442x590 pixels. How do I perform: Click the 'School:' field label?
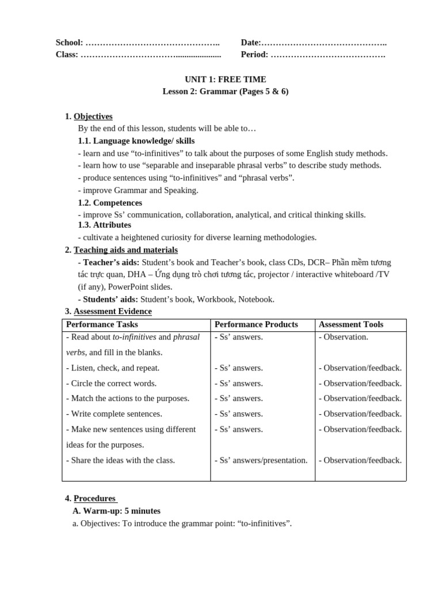[x=69, y=43]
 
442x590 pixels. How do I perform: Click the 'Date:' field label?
[x=251, y=43]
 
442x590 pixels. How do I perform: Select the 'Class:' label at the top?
[x=67, y=55]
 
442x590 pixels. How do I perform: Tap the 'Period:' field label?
[x=254, y=55]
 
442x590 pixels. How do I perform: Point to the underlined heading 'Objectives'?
[x=93, y=116]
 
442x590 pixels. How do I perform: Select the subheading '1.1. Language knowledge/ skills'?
[x=136, y=141]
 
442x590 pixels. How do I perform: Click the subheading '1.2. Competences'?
[x=110, y=203]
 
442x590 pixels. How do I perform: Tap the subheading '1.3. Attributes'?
[x=104, y=225]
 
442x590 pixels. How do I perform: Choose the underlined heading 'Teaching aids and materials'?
[x=125, y=249]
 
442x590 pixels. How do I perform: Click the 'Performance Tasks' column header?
[x=102, y=324]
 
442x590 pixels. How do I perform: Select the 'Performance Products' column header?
[x=256, y=324]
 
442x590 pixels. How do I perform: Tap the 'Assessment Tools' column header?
[x=350, y=324]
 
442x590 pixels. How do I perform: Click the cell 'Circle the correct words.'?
[x=112, y=383]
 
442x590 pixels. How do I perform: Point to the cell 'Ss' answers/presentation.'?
[x=261, y=460]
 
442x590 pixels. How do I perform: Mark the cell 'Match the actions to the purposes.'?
[x=127, y=398]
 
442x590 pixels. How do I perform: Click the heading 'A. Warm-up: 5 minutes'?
[x=116, y=511]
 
